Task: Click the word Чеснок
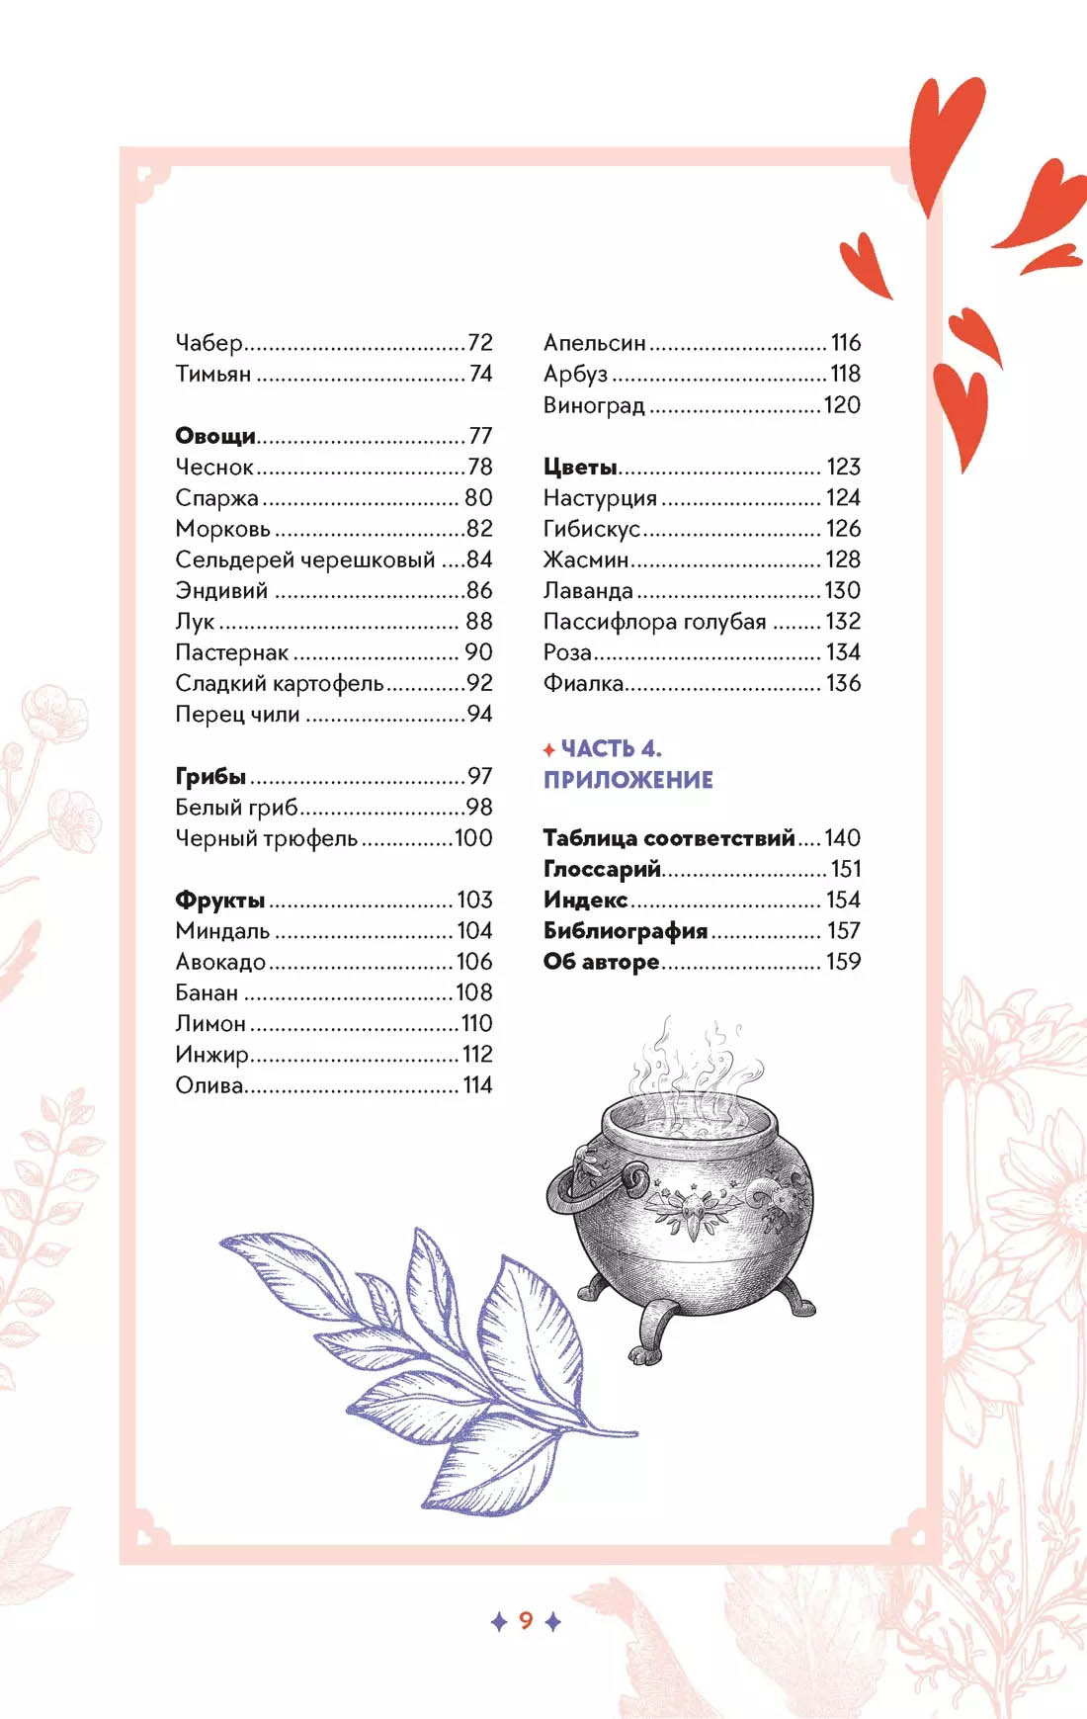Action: coord(214,468)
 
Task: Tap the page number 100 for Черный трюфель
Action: coord(473,838)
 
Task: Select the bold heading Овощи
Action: coord(214,436)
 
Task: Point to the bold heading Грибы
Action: coord(209,777)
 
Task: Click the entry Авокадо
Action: coord(220,962)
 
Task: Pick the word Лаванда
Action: coord(588,591)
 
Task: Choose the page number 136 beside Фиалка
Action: coord(843,683)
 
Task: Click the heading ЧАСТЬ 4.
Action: coord(611,748)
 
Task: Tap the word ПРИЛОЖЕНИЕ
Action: coord(627,780)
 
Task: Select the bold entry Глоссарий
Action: coord(602,869)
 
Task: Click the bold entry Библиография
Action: coord(626,931)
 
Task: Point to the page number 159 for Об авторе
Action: coord(843,962)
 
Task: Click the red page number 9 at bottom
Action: coord(526,1620)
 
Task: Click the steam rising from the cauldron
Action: coord(692,1063)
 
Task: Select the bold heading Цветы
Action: coord(580,468)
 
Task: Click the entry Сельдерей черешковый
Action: coord(304,560)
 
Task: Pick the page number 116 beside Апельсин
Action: coord(845,343)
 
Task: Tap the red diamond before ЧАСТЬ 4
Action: coord(549,751)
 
